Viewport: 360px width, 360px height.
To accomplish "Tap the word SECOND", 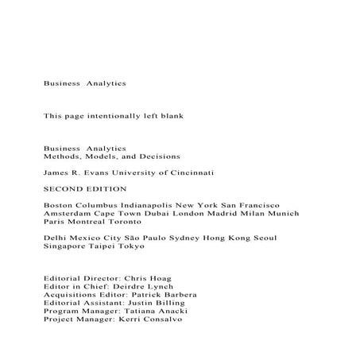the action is click(64, 188).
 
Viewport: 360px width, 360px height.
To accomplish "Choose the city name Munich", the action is click(281, 214).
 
